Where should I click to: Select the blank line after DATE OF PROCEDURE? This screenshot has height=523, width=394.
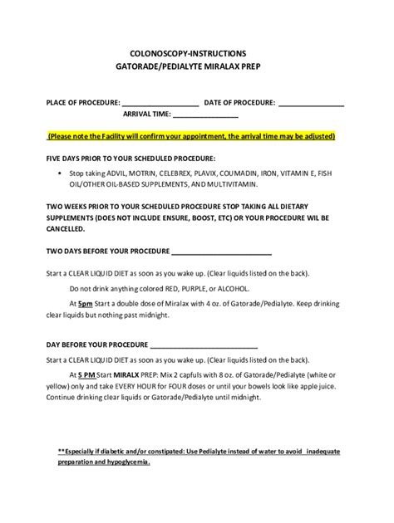(312, 104)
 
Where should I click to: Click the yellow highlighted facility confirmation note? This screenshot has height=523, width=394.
(191, 136)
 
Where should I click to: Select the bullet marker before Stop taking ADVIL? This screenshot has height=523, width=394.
(61, 173)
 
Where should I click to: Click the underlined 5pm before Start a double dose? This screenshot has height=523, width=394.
(86, 303)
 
